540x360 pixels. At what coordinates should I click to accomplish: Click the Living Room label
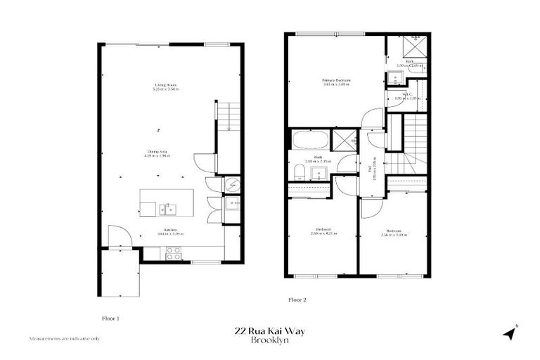coord(166,84)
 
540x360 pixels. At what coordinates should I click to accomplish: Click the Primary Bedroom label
coord(337,80)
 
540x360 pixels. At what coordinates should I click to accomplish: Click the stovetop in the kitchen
coord(173,254)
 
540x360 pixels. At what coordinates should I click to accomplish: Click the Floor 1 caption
coord(111,318)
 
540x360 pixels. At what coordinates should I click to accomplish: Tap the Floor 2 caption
coord(297,300)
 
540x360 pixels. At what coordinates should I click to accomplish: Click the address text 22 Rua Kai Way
coord(270,331)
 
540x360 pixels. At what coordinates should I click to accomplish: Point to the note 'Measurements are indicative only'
coord(64,338)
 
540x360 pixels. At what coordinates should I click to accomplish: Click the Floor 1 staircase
coord(229,115)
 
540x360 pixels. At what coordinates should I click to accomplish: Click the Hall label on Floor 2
coord(371,169)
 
